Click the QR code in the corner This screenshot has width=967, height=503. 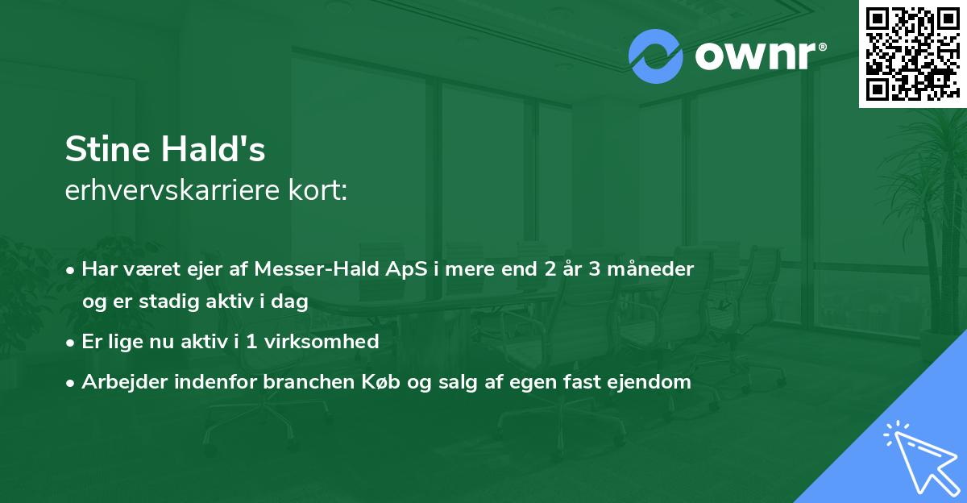[x=912, y=53]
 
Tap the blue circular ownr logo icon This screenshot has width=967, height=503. [x=655, y=56]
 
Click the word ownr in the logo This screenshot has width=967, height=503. [x=754, y=56]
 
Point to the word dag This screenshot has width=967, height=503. [x=292, y=301]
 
